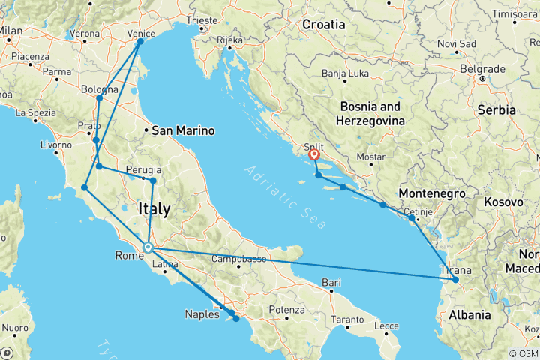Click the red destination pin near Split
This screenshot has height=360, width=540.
tap(313, 155)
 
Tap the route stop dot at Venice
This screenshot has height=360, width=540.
tap(140, 41)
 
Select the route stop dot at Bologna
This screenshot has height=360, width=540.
tap(100, 97)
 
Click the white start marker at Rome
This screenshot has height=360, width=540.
tap(148, 247)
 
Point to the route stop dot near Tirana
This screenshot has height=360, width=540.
tap(454, 280)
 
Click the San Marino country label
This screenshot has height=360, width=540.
tap(183, 130)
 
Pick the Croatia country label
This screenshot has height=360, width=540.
tap(323, 25)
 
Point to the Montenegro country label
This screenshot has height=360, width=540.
tap(427, 193)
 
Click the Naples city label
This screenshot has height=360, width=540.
tap(202, 314)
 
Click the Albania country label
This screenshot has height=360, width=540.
tap(468, 314)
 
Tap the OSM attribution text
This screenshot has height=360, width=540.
tap(523, 353)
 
